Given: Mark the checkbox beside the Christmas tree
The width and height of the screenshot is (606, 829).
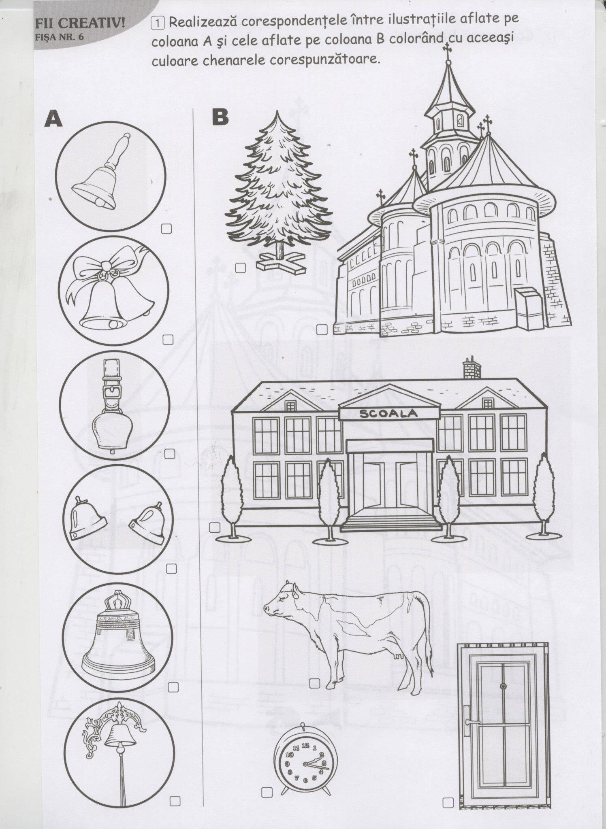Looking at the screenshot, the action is pyautogui.click(x=241, y=268).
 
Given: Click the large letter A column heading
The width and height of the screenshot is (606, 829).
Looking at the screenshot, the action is pyautogui.click(x=54, y=118).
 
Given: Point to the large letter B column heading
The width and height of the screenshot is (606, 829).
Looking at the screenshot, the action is pyautogui.click(x=220, y=117).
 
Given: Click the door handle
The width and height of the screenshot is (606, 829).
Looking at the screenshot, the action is pyautogui.click(x=470, y=721).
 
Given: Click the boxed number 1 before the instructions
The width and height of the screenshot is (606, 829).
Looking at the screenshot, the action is pyautogui.click(x=157, y=23).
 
